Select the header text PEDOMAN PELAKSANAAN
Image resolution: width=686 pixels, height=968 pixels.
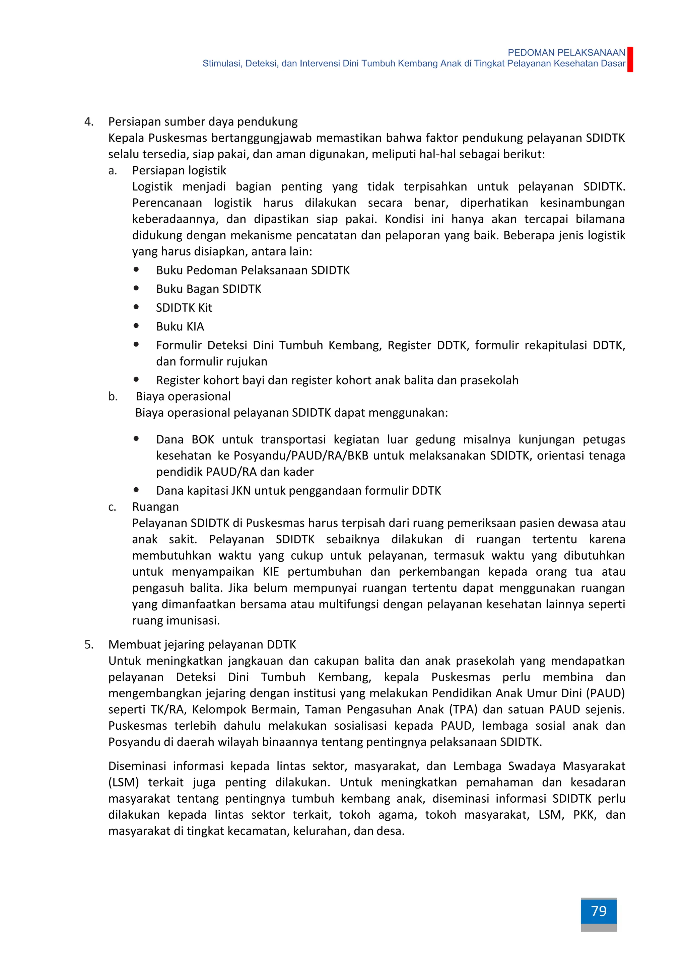point(566,53)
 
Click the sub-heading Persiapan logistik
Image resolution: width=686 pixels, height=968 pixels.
point(179,171)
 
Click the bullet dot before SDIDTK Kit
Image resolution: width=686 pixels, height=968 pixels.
point(136,307)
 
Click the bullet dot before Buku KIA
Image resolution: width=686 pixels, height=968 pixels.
point(136,326)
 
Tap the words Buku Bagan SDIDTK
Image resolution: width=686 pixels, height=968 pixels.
point(209,289)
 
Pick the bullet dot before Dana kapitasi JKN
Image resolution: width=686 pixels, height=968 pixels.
point(136,490)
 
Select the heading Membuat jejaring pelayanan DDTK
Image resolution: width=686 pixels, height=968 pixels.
point(202,645)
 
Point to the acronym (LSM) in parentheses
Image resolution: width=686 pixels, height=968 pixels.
point(123,782)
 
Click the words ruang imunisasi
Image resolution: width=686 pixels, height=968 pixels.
point(176,621)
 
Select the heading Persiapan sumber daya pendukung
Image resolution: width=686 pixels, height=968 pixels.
point(203,122)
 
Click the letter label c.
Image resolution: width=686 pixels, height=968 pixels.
point(112,507)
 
